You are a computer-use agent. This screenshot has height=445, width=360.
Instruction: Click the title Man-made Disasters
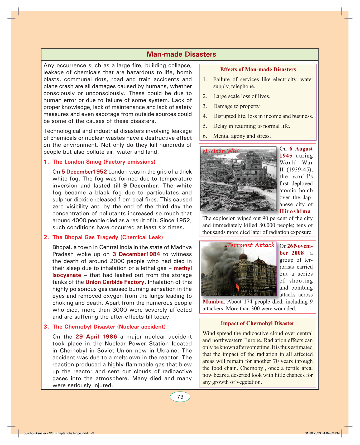(181, 54)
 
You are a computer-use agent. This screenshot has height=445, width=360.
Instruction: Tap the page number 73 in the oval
(180, 397)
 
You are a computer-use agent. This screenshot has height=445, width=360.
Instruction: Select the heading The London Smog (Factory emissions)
(104, 162)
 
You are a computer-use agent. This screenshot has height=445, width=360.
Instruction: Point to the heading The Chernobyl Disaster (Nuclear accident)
(109, 327)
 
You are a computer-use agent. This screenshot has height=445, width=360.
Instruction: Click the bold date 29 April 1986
(96, 336)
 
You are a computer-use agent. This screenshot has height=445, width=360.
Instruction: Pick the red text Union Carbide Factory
(115, 282)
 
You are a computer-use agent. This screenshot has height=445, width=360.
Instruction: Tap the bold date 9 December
(140, 185)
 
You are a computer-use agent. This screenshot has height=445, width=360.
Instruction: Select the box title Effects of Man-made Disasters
(258, 69)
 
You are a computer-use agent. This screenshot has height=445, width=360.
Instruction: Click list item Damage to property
(237, 106)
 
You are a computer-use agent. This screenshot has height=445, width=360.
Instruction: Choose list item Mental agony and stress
(242, 136)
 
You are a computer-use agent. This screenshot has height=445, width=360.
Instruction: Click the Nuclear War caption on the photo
(221, 151)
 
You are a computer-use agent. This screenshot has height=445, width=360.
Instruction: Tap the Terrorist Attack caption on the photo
(251, 245)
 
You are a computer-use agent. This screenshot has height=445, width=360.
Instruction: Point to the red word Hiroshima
(295, 211)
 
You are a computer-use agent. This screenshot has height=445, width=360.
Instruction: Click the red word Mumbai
(213, 302)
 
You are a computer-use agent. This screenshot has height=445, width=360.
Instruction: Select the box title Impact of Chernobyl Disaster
(257, 323)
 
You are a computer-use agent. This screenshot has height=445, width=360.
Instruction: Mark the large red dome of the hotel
(243, 256)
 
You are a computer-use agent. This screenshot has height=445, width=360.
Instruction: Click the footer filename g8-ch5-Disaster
(55, 433)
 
